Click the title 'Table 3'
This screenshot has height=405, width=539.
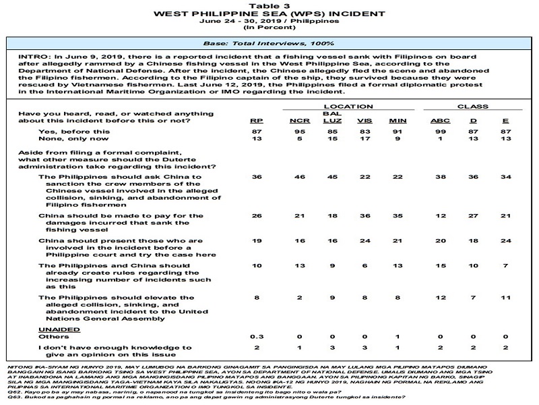pos(269,5)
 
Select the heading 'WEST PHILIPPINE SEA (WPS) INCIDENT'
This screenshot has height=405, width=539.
pos(269,13)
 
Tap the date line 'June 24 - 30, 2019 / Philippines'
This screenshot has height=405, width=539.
pos(269,22)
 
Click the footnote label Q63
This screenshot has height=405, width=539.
pos(11,398)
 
